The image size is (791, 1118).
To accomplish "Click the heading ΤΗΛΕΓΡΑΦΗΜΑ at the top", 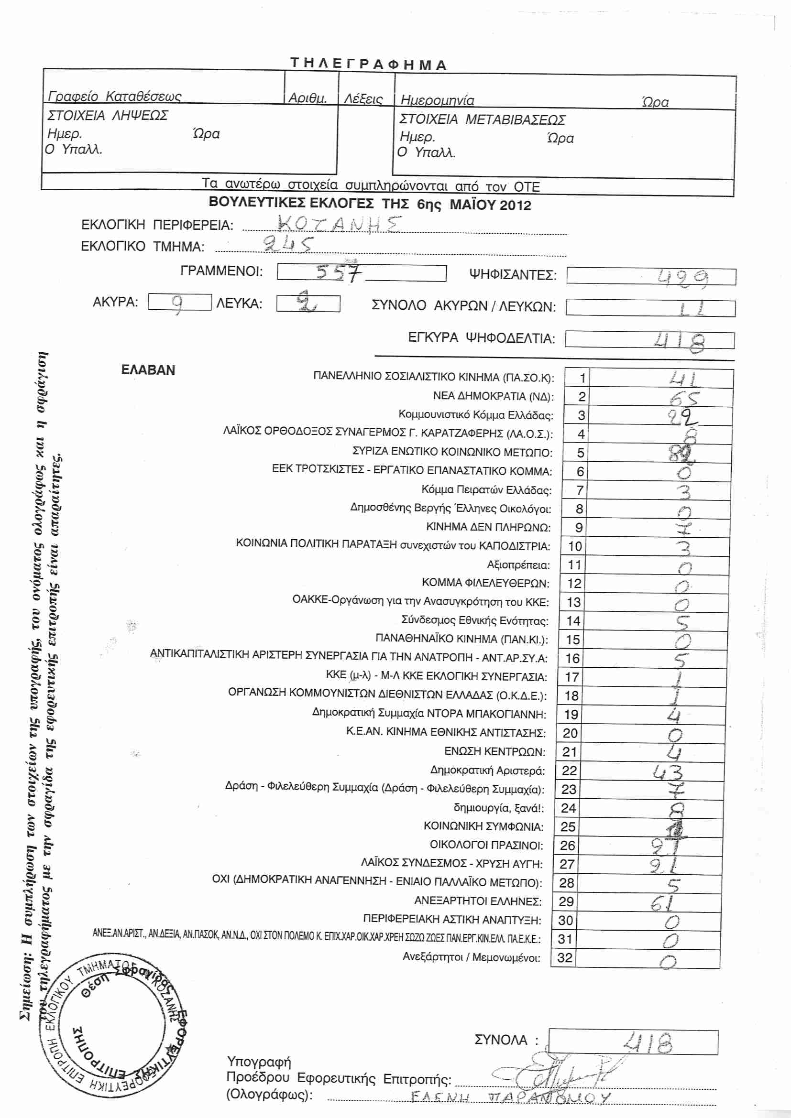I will (368, 64).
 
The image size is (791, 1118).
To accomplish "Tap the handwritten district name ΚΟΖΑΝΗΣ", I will (339, 224).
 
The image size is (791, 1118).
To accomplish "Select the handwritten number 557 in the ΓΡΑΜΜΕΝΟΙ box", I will (339, 272).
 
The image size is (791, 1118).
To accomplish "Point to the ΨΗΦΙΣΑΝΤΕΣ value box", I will (651, 277).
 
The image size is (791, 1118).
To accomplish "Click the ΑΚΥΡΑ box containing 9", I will (179, 303).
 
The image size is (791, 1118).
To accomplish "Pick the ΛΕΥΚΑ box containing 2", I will (308, 304).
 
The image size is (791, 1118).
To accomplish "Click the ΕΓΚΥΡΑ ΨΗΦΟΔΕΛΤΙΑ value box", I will (650, 340).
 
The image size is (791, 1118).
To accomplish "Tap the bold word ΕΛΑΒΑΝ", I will (148, 370).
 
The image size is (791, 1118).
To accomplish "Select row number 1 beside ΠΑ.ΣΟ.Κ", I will (582, 378).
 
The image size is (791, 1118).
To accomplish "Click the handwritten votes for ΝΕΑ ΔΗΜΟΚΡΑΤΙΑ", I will (683, 398).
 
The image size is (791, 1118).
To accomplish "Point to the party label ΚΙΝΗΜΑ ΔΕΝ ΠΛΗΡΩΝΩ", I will (488, 527).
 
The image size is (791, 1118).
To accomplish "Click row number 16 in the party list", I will (572, 659).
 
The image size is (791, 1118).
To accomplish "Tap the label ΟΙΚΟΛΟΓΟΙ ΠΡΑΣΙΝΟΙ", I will (486, 845).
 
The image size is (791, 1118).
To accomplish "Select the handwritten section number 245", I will (287, 244).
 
